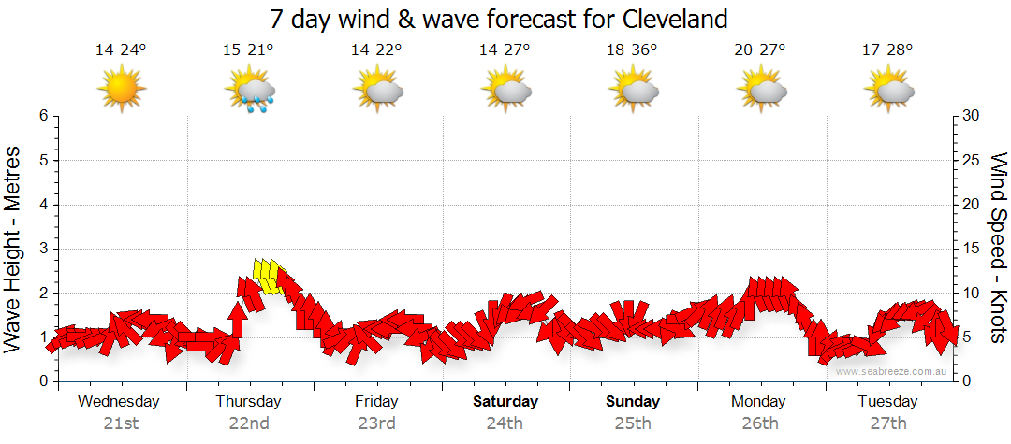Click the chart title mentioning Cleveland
click(498, 19)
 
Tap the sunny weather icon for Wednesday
click(122, 90)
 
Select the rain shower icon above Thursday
click(250, 91)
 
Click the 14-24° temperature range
click(122, 50)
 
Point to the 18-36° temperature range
click(633, 50)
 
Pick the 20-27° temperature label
click(760, 50)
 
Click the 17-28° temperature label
click(888, 50)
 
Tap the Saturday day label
click(505, 402)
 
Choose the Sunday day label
click(633, 402)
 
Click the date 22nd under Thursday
click(249, 423)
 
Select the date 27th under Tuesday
click(888, 423)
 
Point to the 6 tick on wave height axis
click(43, 116)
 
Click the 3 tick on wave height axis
click(43, 249)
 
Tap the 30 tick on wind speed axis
click(972, 116)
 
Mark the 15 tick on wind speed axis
click(972, 249)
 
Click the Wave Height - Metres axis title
click(14, 249)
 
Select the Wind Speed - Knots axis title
click(998, 249)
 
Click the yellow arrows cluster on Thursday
click(268, 276)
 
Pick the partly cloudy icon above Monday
click(760, 91)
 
